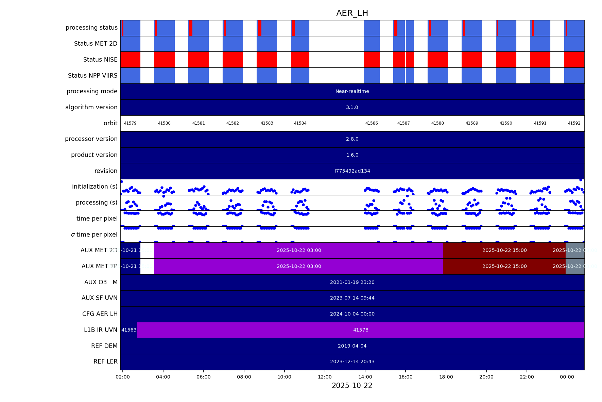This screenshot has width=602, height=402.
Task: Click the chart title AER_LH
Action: point(352,13)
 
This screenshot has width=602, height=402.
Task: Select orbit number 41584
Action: point(300,123)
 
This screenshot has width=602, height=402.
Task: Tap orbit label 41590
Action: point(506,123)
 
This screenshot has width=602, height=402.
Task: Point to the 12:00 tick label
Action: point(325,377)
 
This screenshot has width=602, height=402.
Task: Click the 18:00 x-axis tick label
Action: point(446,377)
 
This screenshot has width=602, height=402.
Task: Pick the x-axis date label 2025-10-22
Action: point(352,386)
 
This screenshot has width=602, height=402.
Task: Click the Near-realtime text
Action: point(352,91)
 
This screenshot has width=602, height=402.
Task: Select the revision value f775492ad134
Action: point(352,171)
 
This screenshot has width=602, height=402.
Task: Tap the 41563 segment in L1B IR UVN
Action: point(129,330)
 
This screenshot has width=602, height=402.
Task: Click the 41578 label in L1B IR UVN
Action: point(361,330)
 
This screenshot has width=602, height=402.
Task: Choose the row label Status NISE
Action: point(100,60)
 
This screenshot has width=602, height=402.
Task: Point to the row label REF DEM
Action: point(104,346)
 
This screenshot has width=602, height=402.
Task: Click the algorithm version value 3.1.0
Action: point(352,107)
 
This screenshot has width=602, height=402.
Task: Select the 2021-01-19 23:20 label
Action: point(352,282)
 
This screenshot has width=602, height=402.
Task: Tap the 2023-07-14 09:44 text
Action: point(352,298)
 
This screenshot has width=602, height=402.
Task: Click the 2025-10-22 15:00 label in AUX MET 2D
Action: point(504,250)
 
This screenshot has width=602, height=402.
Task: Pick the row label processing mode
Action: point(92,91)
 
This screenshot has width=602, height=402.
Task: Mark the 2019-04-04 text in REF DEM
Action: point(352,346)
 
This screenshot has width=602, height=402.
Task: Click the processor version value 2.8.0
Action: point(352,139)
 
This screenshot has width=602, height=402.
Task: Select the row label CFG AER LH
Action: point(100,314)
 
